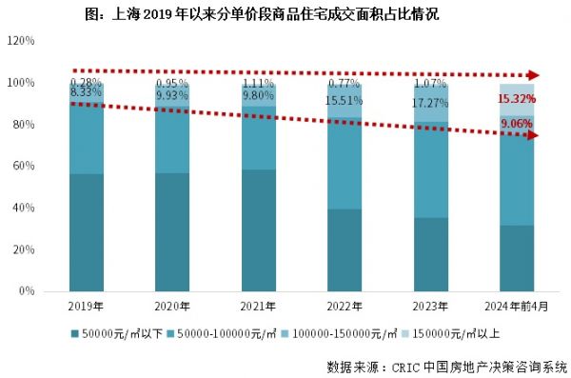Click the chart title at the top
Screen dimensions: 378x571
[285, 14]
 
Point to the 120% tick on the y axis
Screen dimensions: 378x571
[21, 42]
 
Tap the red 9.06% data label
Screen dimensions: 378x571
[517, 123]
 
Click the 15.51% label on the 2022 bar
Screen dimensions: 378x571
[345, 100]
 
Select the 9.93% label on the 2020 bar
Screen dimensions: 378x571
[172, 95]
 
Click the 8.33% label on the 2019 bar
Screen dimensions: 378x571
[86, 92]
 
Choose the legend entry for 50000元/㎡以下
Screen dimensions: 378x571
[112, 333]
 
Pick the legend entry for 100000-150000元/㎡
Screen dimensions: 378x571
[340, 333]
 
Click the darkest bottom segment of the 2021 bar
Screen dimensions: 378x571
[258, 230]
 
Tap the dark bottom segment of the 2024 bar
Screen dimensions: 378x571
[517, 258]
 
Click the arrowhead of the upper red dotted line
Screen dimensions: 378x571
[536, 75]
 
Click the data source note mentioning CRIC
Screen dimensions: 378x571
[445, 366]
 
